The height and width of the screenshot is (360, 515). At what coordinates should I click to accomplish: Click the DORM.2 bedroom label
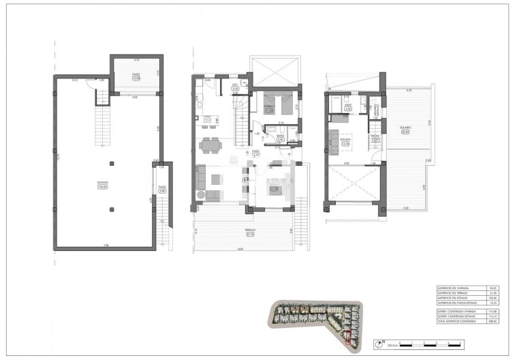pyautogui.click(x=269, y=109)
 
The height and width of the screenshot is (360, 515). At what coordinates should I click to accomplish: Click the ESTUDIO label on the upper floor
pyautogui.click(x=345, y=140)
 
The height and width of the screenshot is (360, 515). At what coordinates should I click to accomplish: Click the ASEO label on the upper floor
pyautogui.click(x=347, y=105)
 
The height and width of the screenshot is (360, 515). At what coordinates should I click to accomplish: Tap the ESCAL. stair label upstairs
pyautogui.click(x=375, y=137)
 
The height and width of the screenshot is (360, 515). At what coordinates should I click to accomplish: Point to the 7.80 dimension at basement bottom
pyautogui.click(x=105, y=245)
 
